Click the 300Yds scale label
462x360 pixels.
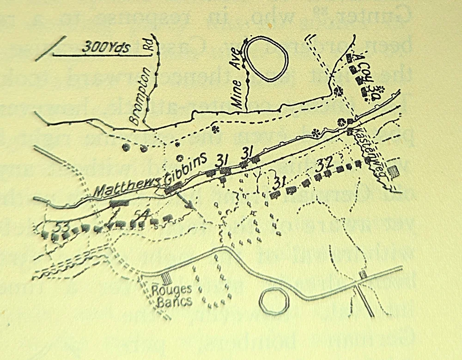tap(107, 46)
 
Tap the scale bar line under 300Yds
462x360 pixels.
tap(102, 55)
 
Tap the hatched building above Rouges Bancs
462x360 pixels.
tap(166, 278)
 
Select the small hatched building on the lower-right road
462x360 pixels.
tap(363, 275)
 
